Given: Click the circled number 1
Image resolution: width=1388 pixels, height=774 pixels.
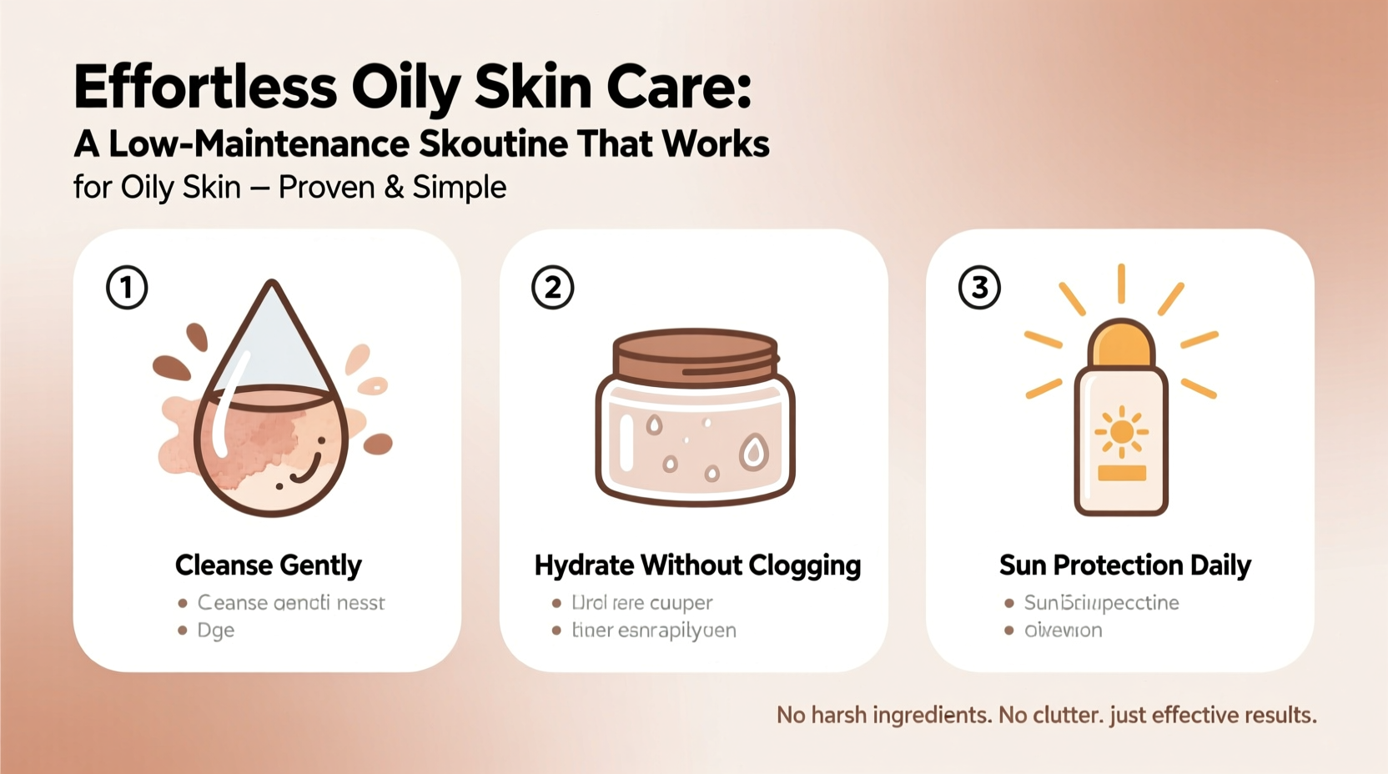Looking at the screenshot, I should [x=127, y=288].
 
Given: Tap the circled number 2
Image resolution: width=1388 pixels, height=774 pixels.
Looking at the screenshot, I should [x=552, y=288].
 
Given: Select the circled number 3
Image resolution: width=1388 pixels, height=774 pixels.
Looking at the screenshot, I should [x=979, y=288].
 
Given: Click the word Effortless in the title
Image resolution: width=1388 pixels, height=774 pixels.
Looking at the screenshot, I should [x=205, y=88].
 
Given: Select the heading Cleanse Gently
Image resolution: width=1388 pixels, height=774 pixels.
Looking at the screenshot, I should [x=268, y=565].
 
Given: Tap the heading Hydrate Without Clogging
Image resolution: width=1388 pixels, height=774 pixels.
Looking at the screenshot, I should [x=697, y=565].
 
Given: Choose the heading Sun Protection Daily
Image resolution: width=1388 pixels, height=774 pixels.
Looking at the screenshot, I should [x=1124, y=565].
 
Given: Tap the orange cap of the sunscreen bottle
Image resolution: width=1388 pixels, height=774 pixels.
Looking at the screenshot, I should [x=1121, y=344].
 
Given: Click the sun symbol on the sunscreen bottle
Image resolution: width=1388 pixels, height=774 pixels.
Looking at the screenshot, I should [x=1121, y=431].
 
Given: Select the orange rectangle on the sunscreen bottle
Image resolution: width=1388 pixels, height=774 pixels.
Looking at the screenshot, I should [x=1121, y=474].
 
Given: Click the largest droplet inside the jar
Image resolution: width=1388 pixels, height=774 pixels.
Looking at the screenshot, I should [x=754, y=453].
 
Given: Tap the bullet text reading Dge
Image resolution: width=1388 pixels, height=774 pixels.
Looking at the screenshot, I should [x=215, y=631].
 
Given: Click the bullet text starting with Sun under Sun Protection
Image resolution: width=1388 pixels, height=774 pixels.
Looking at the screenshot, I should [x=1101, y=603].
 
